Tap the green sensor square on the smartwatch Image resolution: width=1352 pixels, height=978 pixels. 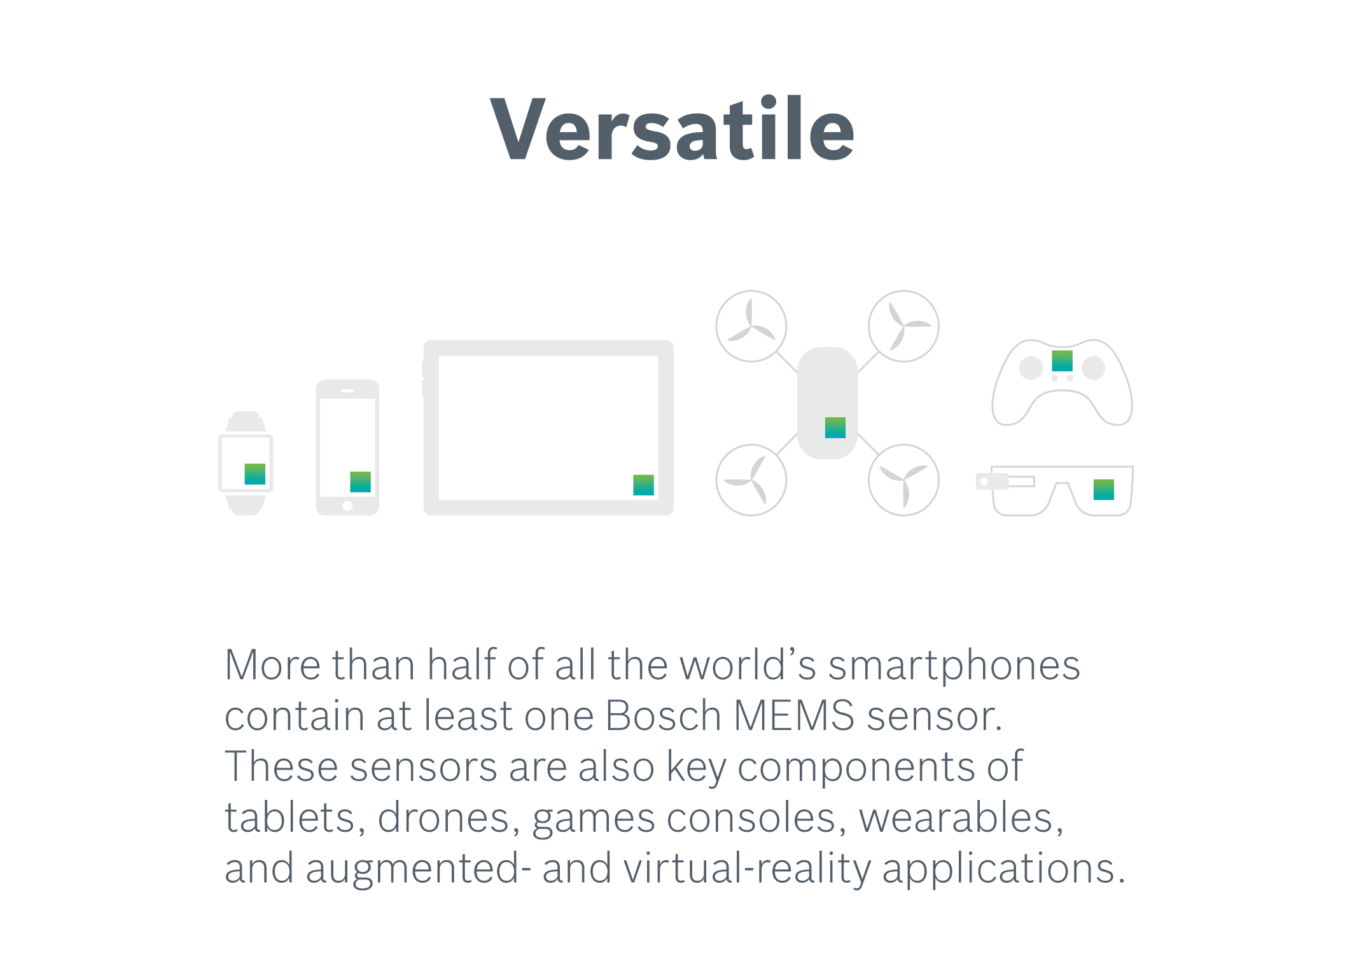255,474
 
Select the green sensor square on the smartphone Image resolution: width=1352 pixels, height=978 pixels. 361,482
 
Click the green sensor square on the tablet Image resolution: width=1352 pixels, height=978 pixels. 644,485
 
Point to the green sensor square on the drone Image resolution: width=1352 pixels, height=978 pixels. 835,428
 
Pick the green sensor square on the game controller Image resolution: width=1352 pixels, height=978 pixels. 1063,361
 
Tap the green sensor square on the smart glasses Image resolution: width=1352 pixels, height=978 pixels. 1104,490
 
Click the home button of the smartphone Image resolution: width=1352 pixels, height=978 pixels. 347,506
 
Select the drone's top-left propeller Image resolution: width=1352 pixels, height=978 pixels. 751,326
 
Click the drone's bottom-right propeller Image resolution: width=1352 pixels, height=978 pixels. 903,480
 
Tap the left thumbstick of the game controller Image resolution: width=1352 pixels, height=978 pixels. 1031,368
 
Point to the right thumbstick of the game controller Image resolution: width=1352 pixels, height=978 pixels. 1094,368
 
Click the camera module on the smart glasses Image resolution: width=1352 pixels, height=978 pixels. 992,481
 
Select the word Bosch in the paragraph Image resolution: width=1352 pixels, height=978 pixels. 663,716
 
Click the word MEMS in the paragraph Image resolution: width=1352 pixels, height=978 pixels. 794,716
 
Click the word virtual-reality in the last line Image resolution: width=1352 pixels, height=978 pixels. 747,870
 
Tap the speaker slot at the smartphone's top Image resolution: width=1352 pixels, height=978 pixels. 347,390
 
